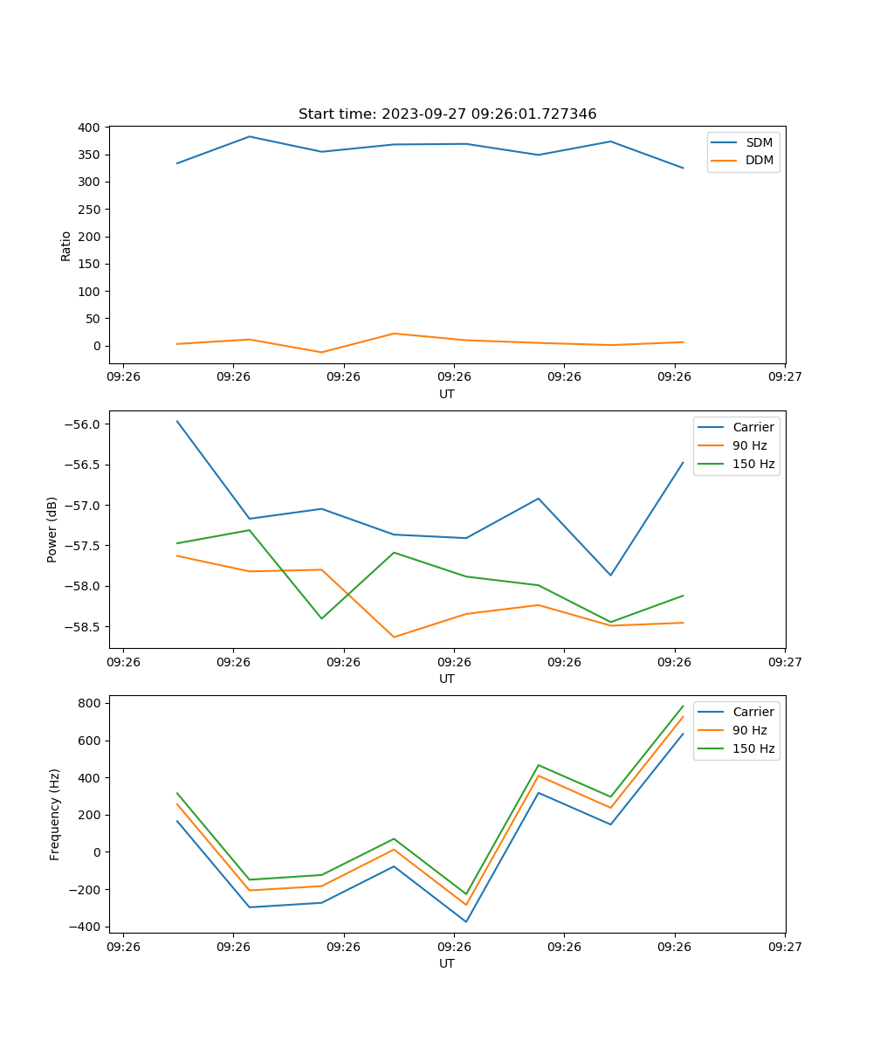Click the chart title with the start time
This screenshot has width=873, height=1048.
pos(447,114)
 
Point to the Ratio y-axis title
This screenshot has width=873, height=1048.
pos(66,245)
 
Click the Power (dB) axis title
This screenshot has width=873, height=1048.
pos(52,529)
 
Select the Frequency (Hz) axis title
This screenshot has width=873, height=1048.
pos(55,814)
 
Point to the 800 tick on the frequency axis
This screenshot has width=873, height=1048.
pos(93,703)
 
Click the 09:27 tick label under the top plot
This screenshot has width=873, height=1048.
pos(785,376)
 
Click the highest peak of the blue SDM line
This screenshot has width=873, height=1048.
pos(250,136)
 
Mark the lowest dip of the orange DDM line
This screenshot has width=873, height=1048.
pos(321,352)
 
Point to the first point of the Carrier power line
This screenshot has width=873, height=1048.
pos(177,421)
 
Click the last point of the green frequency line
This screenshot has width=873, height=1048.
pos(683,706)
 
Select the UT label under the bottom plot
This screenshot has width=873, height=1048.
pos(447,963)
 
